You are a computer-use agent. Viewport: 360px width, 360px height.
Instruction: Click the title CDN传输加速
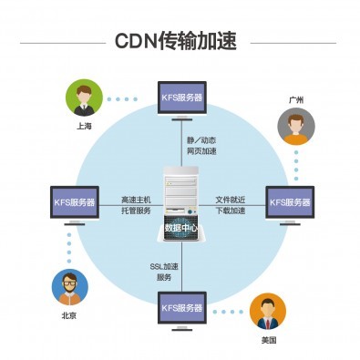pos(180,42)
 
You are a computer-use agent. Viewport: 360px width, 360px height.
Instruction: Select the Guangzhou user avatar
pos(296,127)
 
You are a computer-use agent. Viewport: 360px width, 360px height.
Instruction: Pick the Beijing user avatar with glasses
pos(69,288)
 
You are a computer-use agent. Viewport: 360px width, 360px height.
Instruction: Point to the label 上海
pos(84,127)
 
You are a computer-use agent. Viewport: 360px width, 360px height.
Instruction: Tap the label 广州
pos(296,98)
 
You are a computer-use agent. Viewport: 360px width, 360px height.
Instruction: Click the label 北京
pos(69,316)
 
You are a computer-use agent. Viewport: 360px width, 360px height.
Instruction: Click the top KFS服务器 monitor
pos(181,99)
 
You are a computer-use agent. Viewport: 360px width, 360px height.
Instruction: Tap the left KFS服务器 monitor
pos(74,203)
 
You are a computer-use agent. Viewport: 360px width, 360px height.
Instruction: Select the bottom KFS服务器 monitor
pos(181,308)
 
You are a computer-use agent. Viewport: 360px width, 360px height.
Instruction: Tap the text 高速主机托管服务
pos(138,204)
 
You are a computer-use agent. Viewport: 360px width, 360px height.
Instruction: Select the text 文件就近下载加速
pos(231,204)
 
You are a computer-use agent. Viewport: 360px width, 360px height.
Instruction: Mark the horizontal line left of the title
pos(61,42)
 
